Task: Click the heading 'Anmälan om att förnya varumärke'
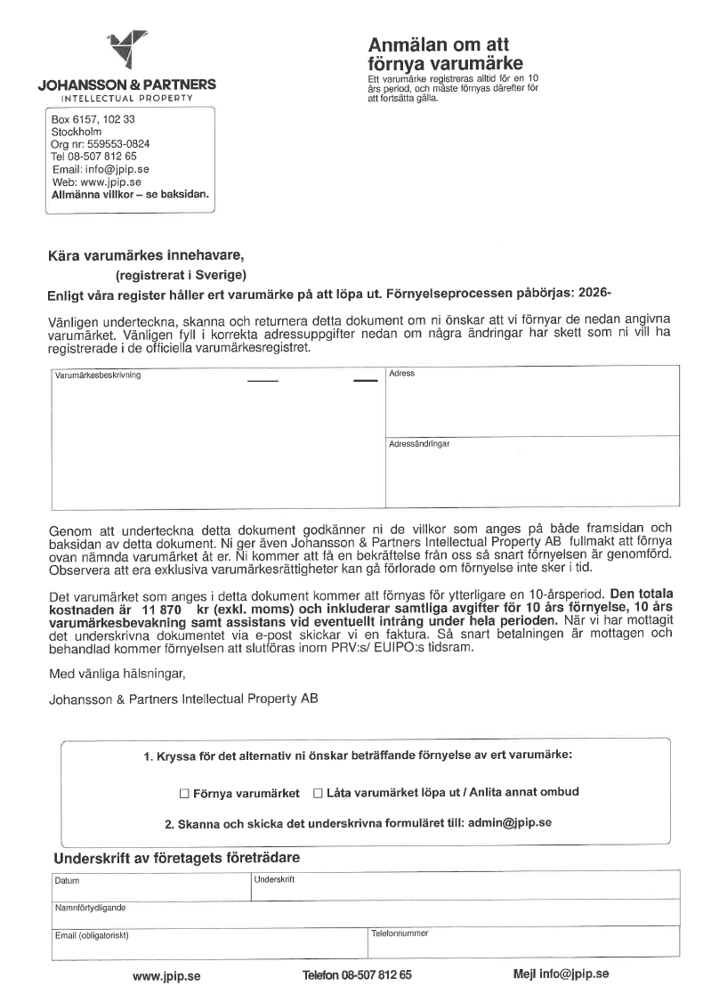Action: pos(445,54)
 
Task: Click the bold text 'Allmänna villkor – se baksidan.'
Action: pos(130,193)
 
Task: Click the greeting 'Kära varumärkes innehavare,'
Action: pos(145,256)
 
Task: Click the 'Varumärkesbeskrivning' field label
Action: pos(99,375)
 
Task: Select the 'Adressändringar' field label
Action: pos(419,443)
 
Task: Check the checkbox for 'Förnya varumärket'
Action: pos(184,793)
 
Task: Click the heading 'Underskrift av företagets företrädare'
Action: pos(177,859)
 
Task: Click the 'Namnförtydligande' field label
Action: pos(90,909)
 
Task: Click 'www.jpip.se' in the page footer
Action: pos(166,975)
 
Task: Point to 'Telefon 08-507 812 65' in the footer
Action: pos(357,975)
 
